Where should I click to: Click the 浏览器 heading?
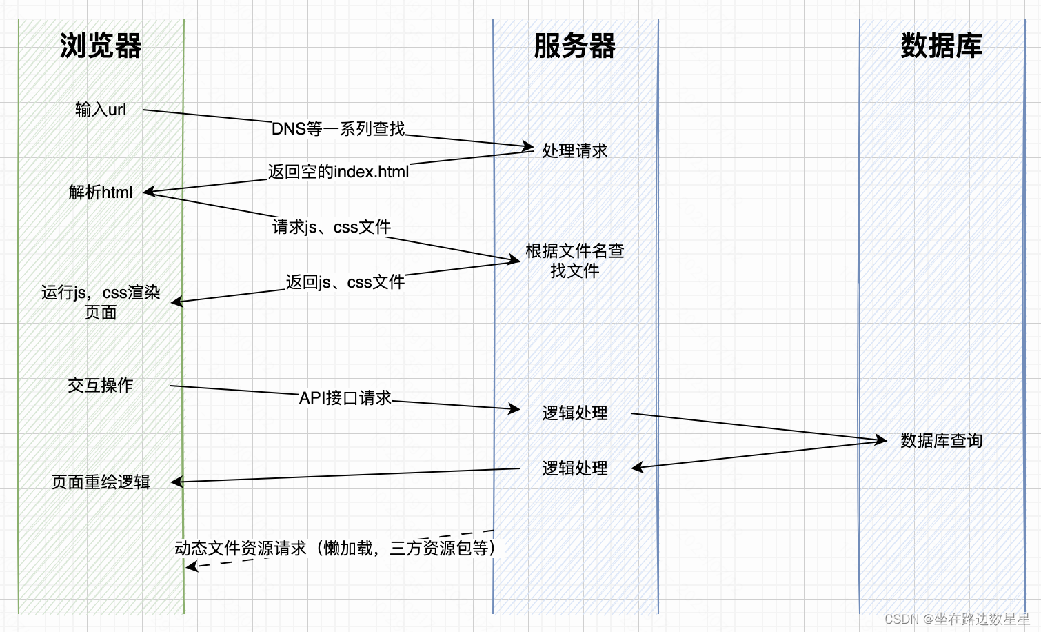point(101,46)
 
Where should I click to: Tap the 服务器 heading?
point(574,46)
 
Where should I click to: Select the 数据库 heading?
point(941,46)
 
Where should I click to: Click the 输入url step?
point(101,110)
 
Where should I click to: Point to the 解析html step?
point(101,192)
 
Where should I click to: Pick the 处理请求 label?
point(574,150)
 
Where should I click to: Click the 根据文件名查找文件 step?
point(574,261)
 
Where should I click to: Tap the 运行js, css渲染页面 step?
point(101,302)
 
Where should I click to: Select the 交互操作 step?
point(101,385)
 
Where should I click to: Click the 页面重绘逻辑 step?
point(101,482)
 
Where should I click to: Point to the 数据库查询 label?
point(941,440)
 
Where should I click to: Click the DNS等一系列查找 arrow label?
point(338,129)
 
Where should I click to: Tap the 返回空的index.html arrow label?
point(338,172)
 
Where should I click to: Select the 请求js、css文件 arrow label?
point(332,227)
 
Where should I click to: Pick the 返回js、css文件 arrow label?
point(345,282)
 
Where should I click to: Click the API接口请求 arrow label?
point(345,398)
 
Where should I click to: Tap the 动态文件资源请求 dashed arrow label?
point(335,549)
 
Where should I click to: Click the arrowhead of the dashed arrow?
point(191,567)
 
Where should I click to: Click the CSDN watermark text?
point(957,619)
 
